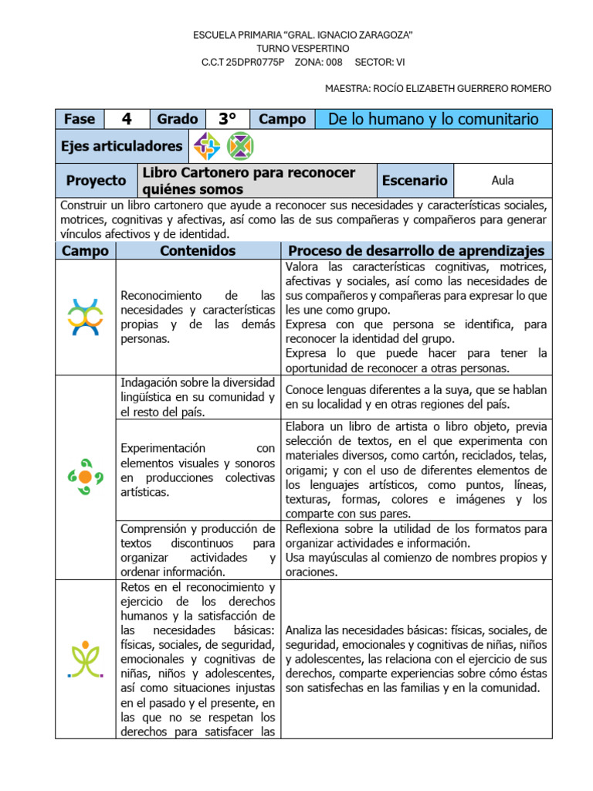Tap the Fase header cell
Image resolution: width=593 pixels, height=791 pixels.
point(80,119)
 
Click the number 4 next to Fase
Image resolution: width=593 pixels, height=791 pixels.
point(127,119)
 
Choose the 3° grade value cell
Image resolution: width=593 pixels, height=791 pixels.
point(226,119)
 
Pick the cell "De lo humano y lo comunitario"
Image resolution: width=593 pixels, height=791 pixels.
point(433,119)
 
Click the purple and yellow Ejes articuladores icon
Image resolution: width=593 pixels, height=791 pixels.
point(206,146)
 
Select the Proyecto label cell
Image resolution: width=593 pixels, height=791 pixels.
point(96,181)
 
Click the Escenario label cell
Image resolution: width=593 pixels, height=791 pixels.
point(415,181)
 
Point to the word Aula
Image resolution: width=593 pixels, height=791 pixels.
point(503,181)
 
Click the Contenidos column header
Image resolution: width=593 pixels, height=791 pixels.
point(198,251)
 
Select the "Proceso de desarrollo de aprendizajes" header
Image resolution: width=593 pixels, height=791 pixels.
point(416,251)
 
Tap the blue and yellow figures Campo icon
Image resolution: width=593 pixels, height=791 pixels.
point(85,317)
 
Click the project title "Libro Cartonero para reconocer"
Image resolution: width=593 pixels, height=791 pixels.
point(249,172)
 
